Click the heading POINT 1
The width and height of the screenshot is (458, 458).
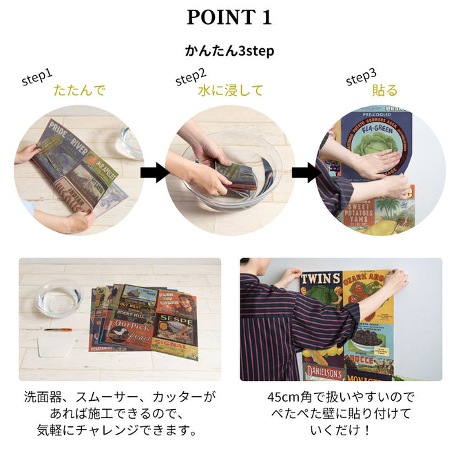coord(229,18)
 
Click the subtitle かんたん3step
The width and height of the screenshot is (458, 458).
coord(229,51)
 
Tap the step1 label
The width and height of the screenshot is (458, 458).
coord(37,78)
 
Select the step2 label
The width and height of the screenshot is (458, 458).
coord(190,78)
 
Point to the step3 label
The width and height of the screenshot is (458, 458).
coord(361,78)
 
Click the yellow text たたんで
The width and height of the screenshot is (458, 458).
coord(79,90)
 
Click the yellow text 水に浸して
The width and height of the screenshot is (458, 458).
coord(230,90)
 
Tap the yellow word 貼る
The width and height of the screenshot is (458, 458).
coord(384,90)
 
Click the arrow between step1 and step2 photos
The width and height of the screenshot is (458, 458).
coord(154,172)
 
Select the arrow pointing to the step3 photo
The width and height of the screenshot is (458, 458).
coord(306,172)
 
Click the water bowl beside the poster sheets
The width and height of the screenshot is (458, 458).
coord(58,298)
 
